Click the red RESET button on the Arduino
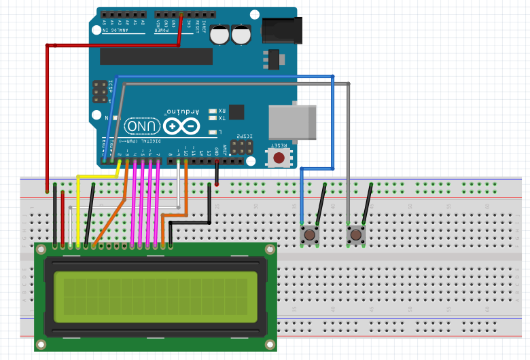[x=278, y=158]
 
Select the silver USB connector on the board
[x=293, y=122]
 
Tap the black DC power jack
[x=281, y=29]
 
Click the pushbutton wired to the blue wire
[x=310, y=235]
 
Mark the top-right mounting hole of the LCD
[x=270, y=250]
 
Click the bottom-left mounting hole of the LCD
[x=41, y=344]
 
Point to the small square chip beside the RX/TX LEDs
[x=236, y=112]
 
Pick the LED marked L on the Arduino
[x=213, y=132]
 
